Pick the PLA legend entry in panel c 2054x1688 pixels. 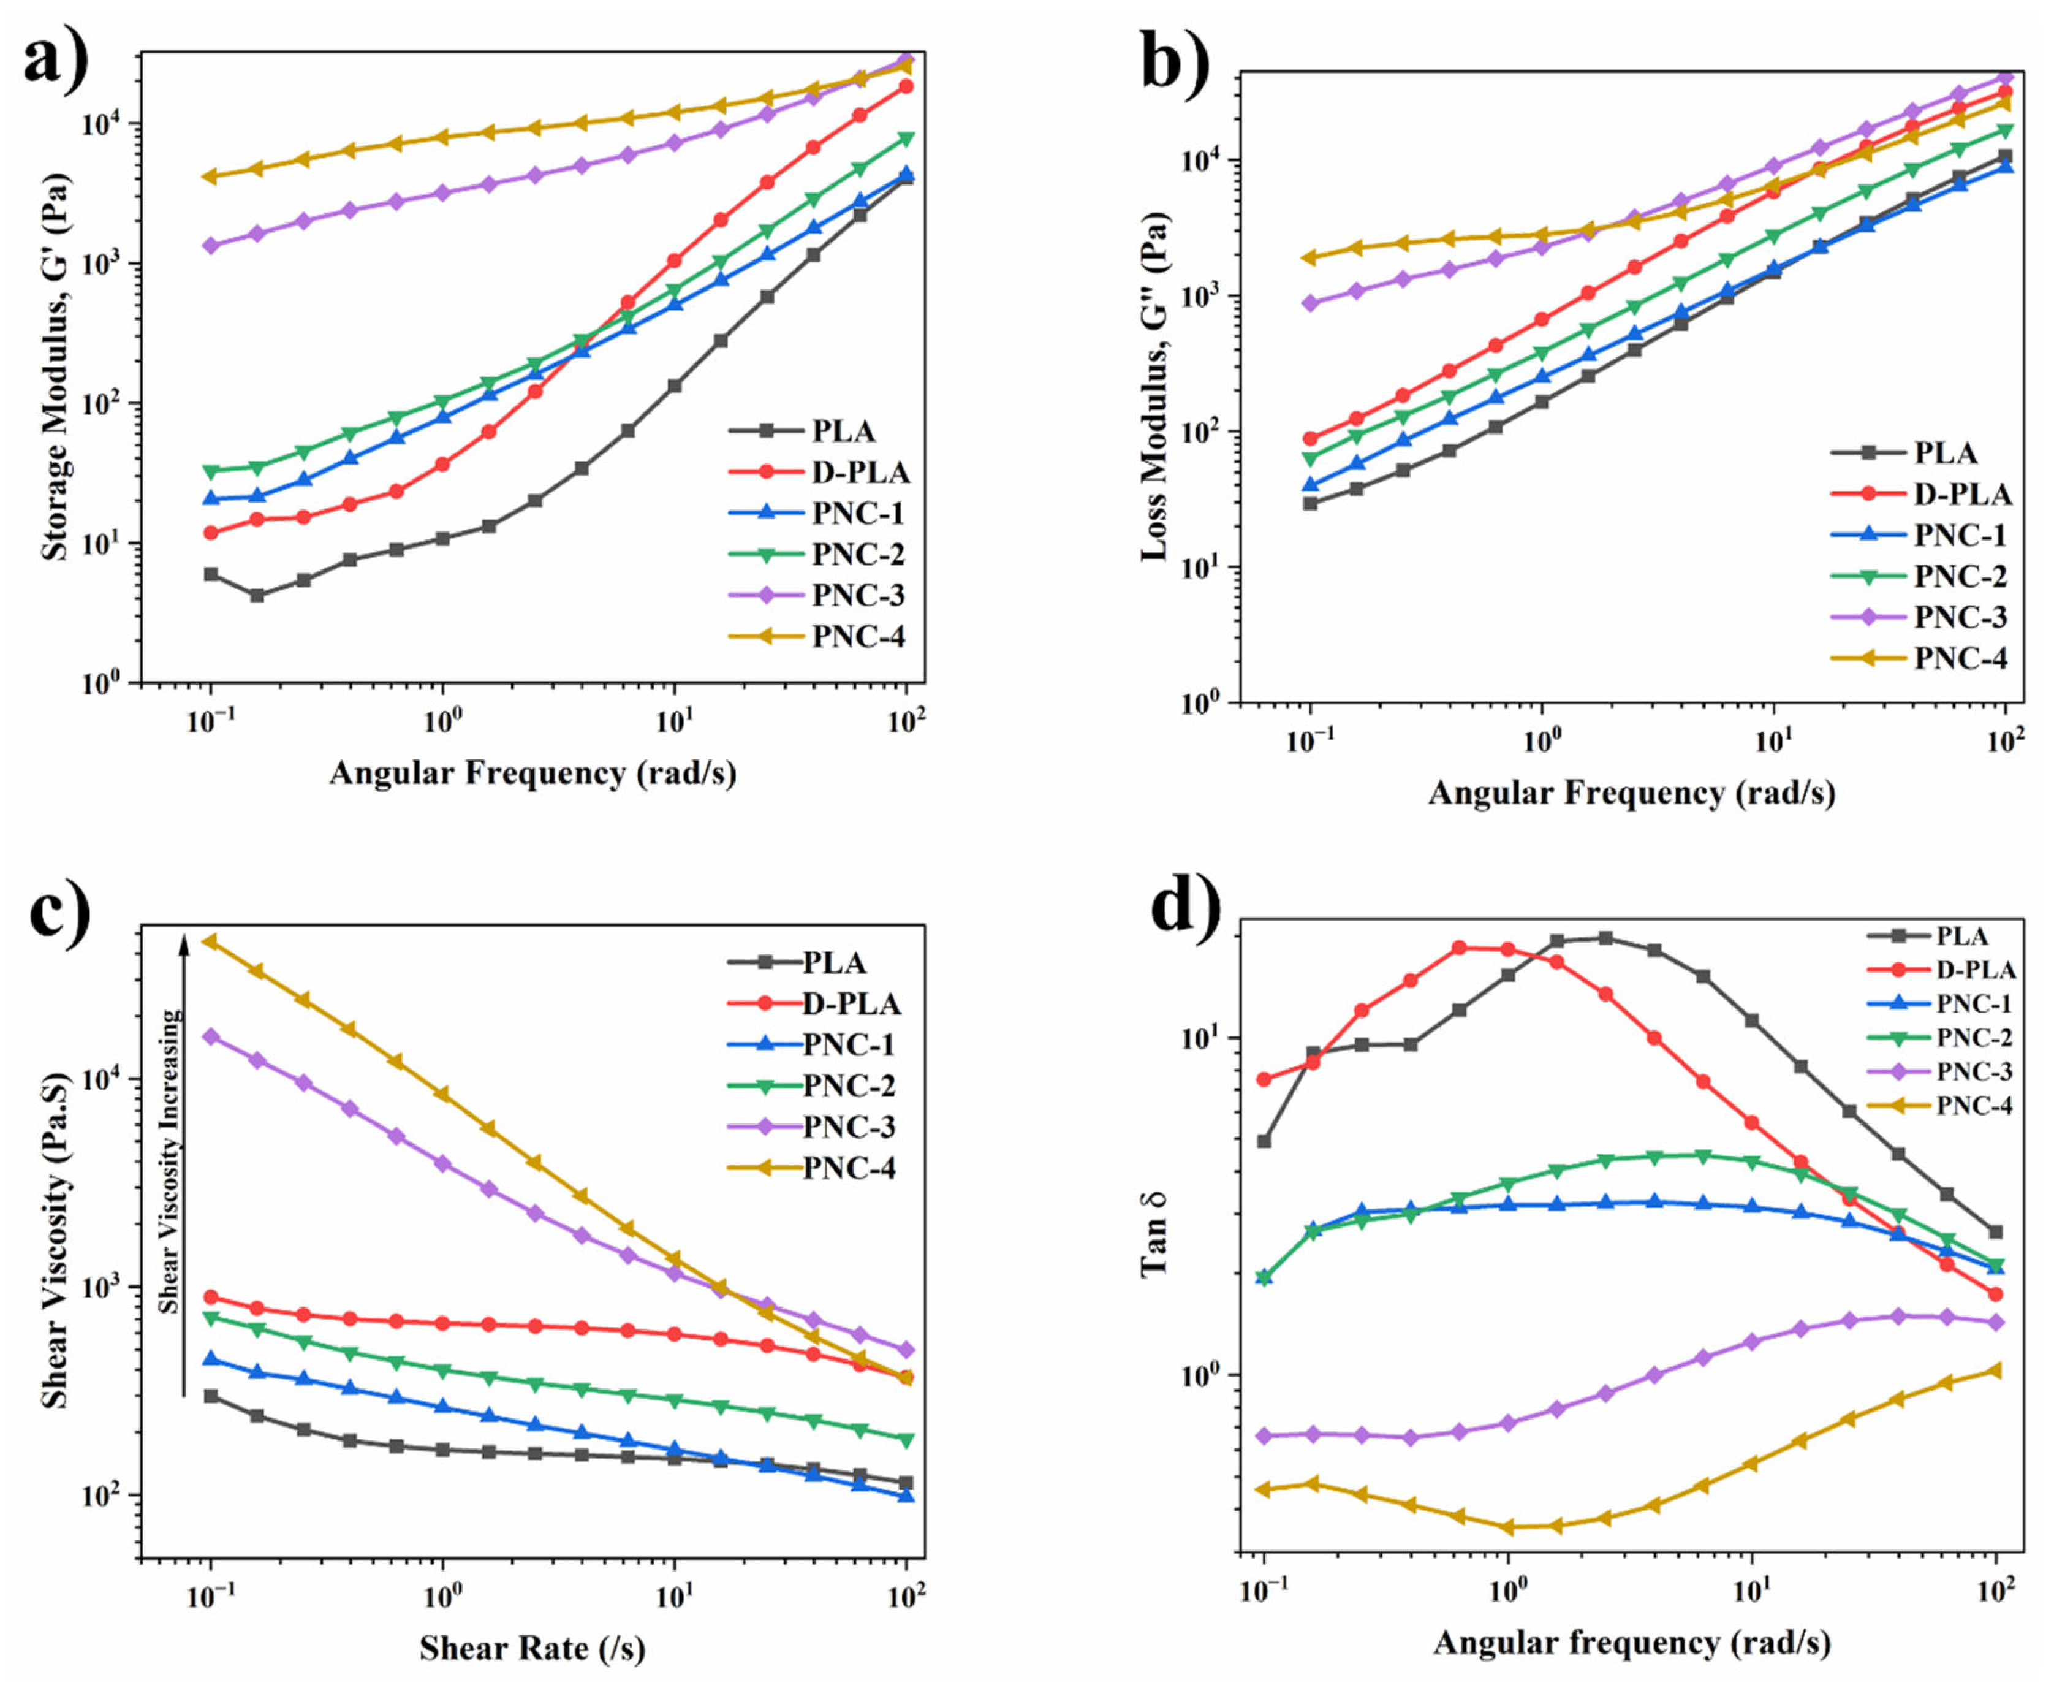(833, 963)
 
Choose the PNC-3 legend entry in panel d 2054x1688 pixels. (1973, 1071)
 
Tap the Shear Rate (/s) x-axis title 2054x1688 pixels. (532, 1647)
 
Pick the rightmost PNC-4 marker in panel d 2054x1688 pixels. (1996, 1370)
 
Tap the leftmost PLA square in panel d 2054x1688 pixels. (1264, 1141)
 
